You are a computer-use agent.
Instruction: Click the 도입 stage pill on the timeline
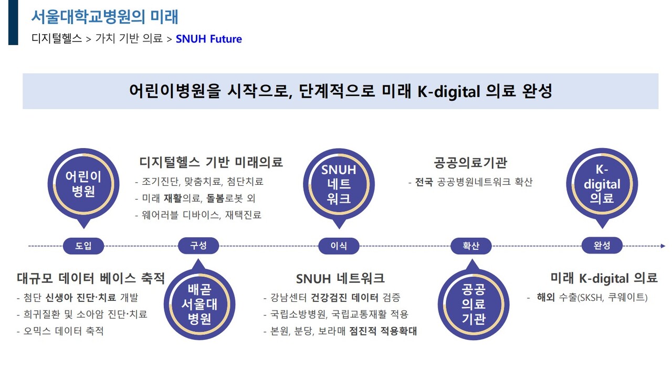[83, 246]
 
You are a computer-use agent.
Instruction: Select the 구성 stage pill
[198, 245]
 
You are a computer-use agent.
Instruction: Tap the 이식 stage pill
[339, 246]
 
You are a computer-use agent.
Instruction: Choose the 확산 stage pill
[471, 246]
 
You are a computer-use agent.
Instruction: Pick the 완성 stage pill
[602, 245]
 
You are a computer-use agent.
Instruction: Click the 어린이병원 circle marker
[83, 184]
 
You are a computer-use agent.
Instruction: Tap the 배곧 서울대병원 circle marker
[198, 304]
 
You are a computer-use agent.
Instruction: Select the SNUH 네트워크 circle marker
[339, 184]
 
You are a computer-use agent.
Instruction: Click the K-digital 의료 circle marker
[602, 184]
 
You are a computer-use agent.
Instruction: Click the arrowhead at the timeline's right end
[663, 246]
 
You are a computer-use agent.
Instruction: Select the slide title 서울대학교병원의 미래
[105, 17]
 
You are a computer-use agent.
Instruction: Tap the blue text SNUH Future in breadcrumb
[209, 39]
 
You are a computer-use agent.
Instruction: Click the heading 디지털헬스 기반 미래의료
[211, 162]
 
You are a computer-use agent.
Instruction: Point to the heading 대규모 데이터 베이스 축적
[91, 278]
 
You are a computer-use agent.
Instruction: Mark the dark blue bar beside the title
[13, 22]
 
